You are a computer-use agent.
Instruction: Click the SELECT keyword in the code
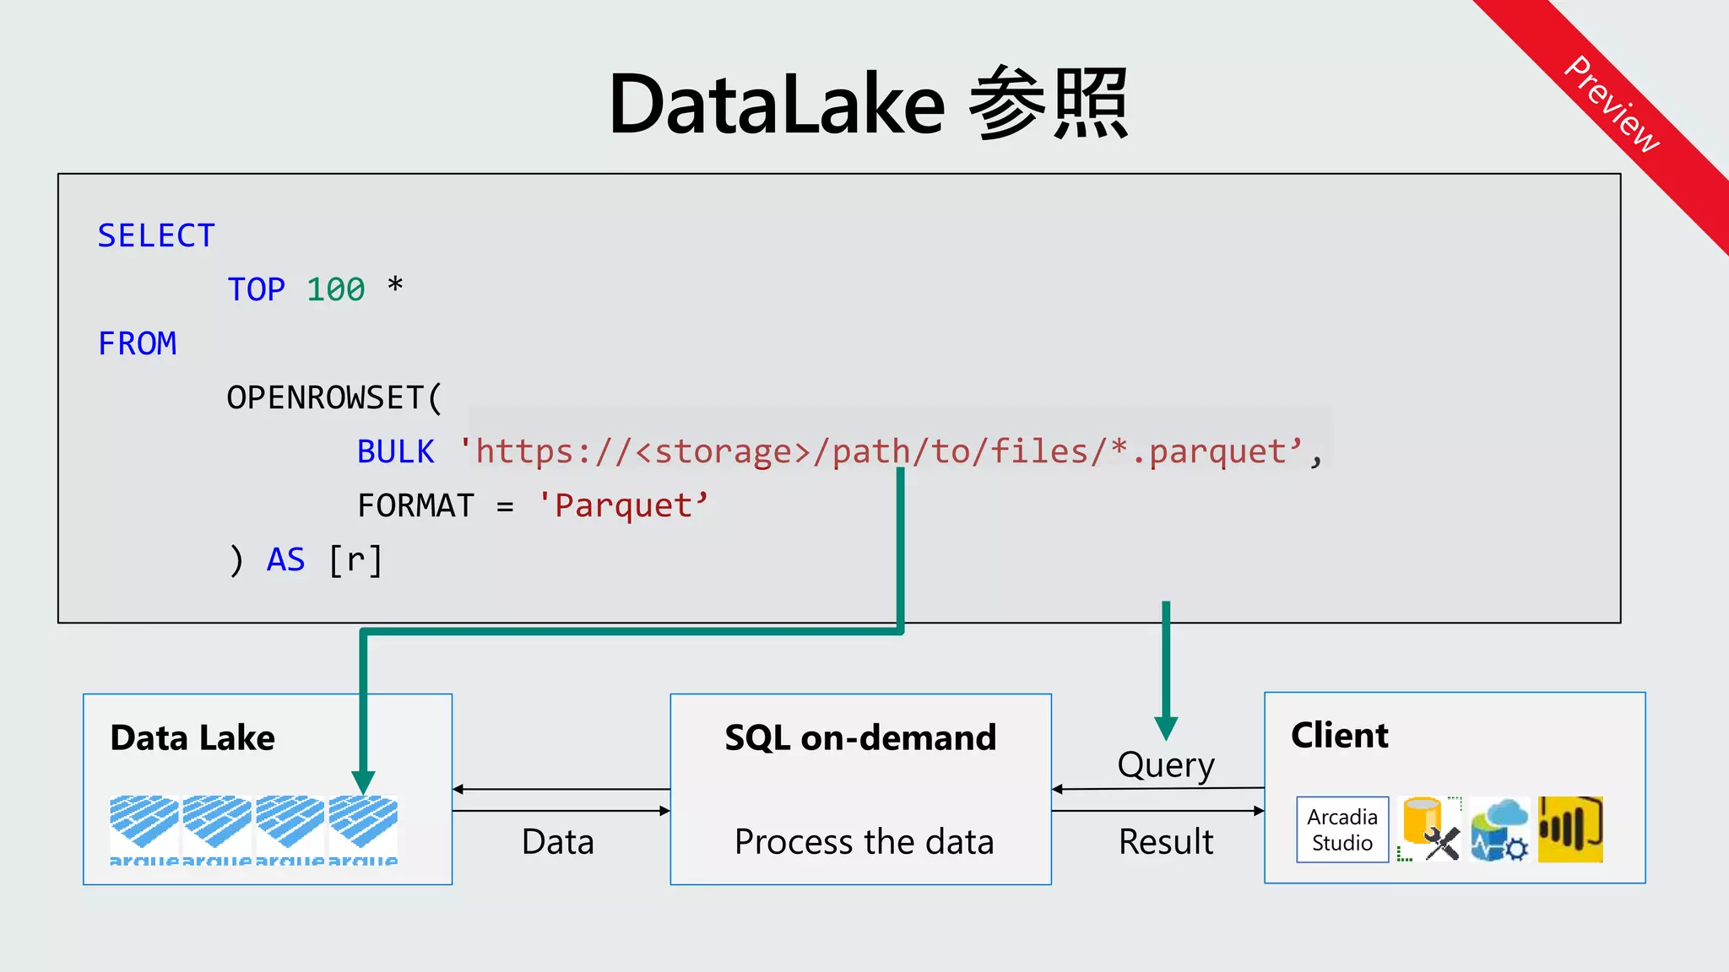coord(156,235)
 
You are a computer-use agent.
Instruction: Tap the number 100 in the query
coord(335,289)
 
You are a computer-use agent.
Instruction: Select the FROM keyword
coord(137,343)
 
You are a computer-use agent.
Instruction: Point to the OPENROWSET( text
coord(334,397)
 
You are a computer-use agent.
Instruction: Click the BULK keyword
coord(395,451)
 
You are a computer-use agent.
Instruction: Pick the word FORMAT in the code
coord(415,505)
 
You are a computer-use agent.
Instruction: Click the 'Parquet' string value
coord(623,505)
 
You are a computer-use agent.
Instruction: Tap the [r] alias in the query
coord(355,559)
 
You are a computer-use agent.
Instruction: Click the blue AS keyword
coord(285,559)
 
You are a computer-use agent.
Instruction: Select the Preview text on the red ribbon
coord(1612,103)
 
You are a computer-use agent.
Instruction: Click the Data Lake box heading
coord(192,737)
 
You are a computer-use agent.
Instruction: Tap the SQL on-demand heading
coord(860,737)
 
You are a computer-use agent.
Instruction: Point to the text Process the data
coord(864,841)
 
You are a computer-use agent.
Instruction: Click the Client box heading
coord(1339,735)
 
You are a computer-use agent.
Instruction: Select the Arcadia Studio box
coord(1342,829)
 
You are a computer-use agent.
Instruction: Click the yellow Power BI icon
coord(1569,829)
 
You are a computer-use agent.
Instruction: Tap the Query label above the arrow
coord(1166,765)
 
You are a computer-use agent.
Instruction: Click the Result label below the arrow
coord(1166,841)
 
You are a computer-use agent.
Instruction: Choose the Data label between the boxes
coord(558,841)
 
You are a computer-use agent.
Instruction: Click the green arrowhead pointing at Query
coord(1166,727)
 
